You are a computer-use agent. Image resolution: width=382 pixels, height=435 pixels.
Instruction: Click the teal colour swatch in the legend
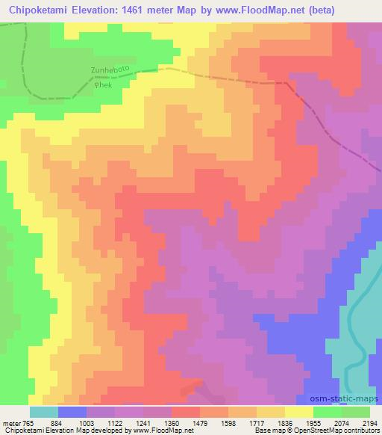pyautogui.click(x=43, y=411)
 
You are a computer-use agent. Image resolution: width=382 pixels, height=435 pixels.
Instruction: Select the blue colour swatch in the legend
pyautogui.click(x=72, y=411)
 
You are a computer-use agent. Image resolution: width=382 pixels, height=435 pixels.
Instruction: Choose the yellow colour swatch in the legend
pyautogui.click(x=298, y=411)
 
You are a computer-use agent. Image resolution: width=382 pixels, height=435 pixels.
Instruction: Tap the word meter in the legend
pyautogui.click(x=10, y=422)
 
